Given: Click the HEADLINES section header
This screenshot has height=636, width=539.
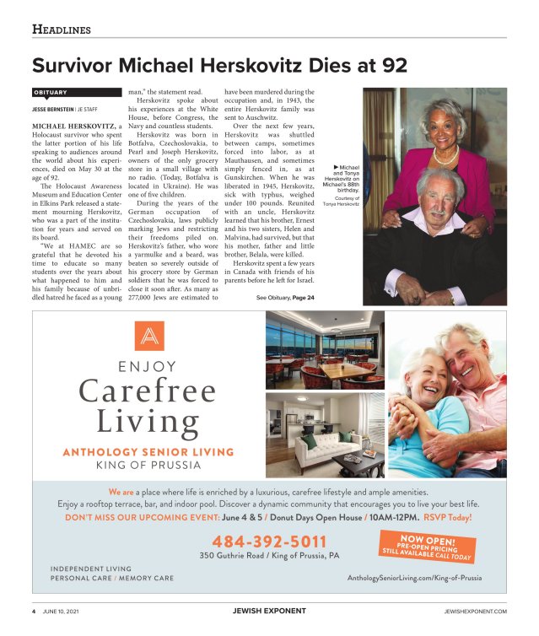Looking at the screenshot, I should [62, 30].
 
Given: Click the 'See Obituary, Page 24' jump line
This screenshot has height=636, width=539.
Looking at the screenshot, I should [285, 298].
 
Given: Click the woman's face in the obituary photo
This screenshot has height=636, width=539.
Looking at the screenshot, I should [444, 126].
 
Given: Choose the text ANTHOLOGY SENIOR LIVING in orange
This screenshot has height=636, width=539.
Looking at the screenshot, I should [148, 452].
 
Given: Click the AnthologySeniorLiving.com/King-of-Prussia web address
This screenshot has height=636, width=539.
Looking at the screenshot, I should [414, 578].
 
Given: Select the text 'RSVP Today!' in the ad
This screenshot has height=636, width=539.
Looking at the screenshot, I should [447, 517].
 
